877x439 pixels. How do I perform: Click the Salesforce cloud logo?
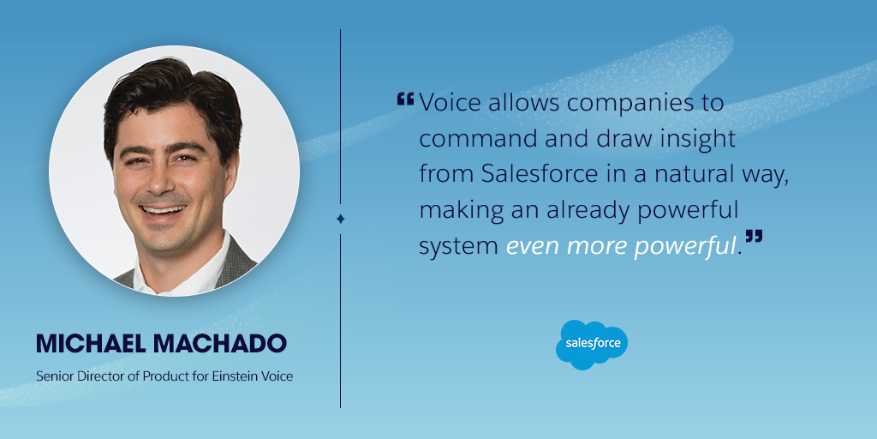[x=591, y=345]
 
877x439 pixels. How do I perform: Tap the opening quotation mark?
[x=405, y=99]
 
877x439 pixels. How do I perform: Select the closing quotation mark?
[x=754, y=237]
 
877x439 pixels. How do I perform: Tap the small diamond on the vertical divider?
[x=340, y=219]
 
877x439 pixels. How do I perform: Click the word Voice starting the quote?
[x=450, y=103]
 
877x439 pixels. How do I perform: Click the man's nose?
[x=160, y=183]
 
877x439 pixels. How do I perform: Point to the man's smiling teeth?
[x=164, y=211]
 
